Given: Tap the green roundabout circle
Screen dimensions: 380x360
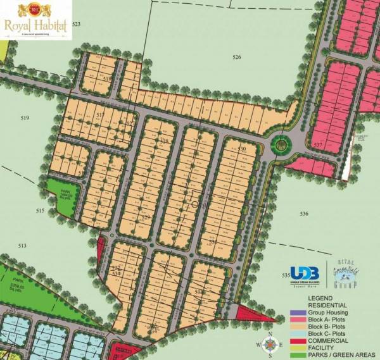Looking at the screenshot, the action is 280,146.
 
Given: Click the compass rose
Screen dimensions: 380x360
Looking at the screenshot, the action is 270,345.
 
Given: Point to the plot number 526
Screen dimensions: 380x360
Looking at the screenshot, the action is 237,58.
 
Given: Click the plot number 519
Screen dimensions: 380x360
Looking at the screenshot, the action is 25,118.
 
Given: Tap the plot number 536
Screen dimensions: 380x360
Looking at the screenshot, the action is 304,214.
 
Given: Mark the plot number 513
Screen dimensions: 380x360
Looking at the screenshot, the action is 23,245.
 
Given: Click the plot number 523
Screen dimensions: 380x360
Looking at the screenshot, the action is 77,24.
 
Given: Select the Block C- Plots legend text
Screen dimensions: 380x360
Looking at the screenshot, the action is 327,333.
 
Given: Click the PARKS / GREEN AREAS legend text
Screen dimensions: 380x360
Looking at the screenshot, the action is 341,354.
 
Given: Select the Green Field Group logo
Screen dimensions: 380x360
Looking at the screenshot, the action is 350,274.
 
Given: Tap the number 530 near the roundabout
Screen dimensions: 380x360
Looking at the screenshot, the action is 242,149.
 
